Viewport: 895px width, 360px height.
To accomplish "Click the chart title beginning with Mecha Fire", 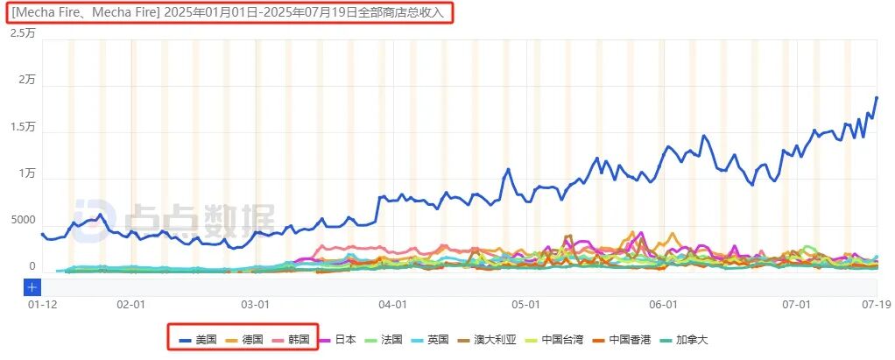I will [x=229, y=12].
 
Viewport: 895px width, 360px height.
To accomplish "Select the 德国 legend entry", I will [x=244, y=339].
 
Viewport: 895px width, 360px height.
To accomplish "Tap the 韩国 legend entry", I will [x=291, y=339].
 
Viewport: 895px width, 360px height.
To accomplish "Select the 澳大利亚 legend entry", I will [x=487, y=339].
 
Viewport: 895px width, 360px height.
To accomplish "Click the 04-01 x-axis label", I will [x=392, y=304].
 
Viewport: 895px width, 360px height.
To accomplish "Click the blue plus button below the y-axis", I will [x=32, y=286].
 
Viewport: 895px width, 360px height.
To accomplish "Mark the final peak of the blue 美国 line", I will [x=876, y=98].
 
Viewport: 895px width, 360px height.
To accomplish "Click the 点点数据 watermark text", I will [x=201, y=217].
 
